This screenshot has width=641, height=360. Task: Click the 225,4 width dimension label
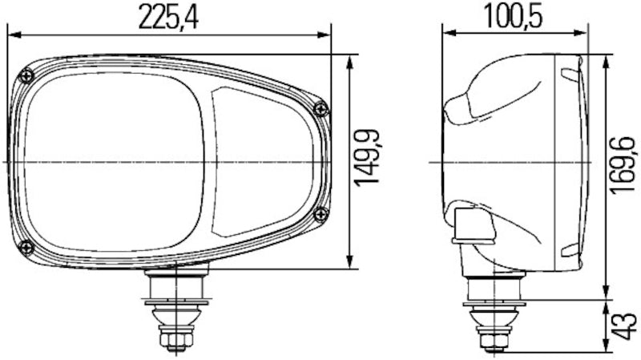pyautogui.click(x=168, y=18)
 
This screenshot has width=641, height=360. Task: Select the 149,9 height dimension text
pyautogui.click(x=367, y=160)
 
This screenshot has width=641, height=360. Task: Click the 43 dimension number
pyautogui.click(x=620, y=326)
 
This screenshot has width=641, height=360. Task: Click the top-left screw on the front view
pyautogui.click(x=28, y=76)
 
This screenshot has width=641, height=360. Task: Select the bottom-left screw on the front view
pyautogui.click(x=26, y=245)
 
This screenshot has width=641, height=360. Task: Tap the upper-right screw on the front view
pyautogui.click(x=320, y=109)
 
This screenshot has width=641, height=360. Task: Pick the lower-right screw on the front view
pyautogui.click(x=320, y=213)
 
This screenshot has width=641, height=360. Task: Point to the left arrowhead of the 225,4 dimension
pyautogui.click(x=12, y=34)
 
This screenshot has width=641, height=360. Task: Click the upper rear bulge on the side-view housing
pyautogui.click(x=473, y=96)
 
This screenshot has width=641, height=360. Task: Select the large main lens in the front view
pyautogui.click(x=112, y=160)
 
